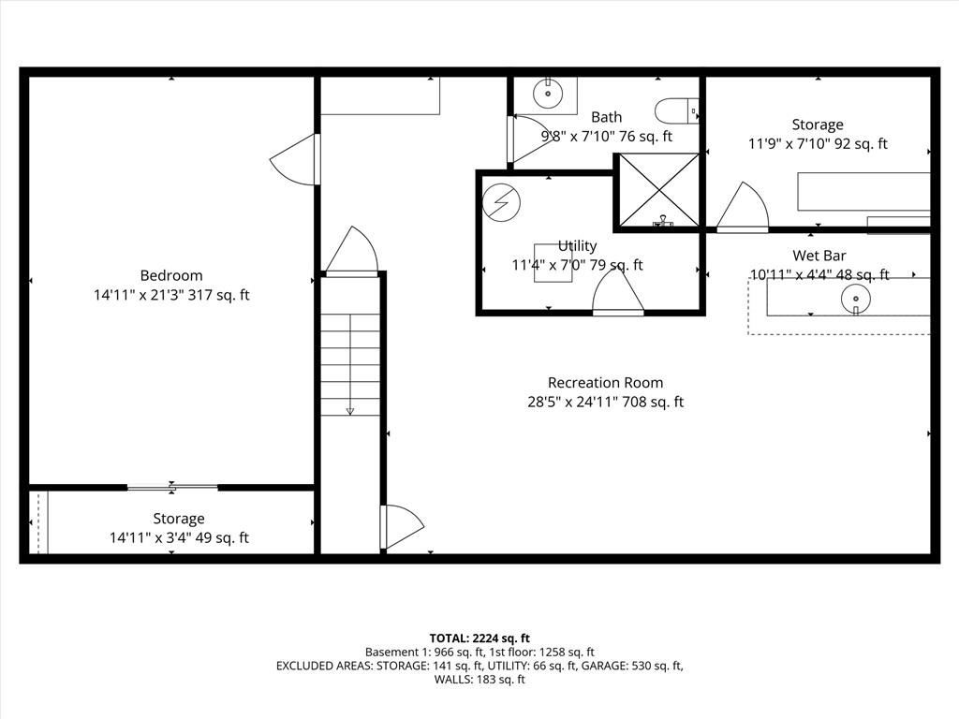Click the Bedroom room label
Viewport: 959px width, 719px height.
pos(171,276)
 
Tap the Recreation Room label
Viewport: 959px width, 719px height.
pos(606,383)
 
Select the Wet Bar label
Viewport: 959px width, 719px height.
pos(819,255)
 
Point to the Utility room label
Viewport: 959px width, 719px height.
pos(577,246)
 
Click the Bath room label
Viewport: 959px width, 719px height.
pos(607,117)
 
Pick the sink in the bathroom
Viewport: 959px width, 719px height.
pos(548,94)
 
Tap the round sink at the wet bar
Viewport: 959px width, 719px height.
pos(856,299)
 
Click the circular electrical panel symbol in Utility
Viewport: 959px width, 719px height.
pos(501,202)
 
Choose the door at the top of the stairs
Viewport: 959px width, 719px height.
pos(352,252)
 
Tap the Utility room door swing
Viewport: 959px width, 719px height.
pos(618,292)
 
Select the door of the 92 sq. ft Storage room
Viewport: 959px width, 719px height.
pos(743,207)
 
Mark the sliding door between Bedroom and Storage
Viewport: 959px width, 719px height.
pos(172,487)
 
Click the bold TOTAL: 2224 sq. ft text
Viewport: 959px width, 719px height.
pos(479,638)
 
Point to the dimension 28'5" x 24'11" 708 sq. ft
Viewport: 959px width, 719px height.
pos(606,403)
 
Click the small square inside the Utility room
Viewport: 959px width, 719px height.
pos(553,263)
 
